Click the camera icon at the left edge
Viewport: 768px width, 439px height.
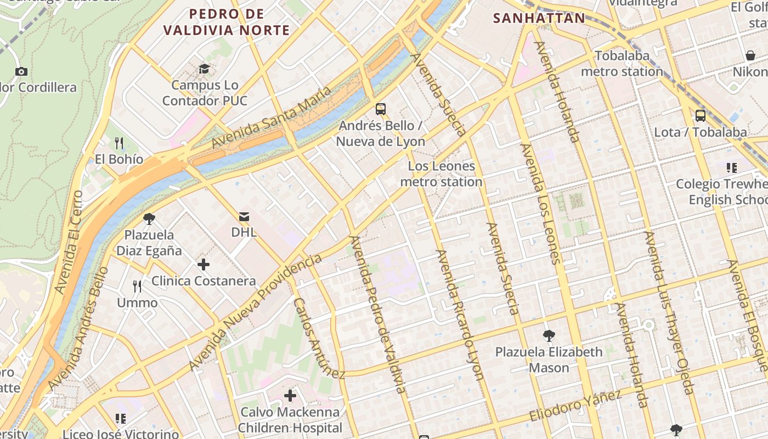[21, 71]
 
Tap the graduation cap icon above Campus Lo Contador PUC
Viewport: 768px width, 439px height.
[204, 69]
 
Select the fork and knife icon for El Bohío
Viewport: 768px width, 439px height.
[119, 143]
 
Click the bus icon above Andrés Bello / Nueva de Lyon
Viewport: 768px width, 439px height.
[381, 109]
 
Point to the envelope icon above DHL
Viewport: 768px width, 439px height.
[244, 216]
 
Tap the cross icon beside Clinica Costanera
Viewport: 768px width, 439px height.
[204, 264]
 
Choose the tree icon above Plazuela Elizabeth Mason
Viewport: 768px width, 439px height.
[549, 335]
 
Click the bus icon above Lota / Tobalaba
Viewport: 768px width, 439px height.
[701, 116]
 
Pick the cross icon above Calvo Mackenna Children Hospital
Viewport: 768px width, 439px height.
[290, 395]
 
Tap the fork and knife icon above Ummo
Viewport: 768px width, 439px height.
[137, 286]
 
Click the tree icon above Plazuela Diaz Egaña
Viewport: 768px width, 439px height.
[149, 219]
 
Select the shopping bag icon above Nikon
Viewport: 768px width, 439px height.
[750, 55]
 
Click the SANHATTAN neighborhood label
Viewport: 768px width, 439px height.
[539, 18]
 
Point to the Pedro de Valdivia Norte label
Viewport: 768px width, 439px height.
[227, 22]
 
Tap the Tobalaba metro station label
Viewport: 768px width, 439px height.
[622, 64]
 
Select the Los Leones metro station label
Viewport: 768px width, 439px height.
[442, 173]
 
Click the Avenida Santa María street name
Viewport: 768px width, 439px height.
[272, 116]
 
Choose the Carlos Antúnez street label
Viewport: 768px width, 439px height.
[318, 339]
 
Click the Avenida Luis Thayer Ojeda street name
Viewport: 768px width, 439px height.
[669, 313]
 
